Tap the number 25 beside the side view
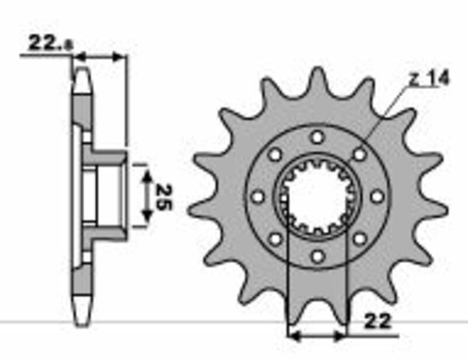pyautogui.click(x=164, y=198)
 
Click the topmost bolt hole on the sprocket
pyautogui.click(x=318, y=137)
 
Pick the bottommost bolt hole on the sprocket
pyautogui.click(x=318, y=256)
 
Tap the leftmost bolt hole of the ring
pyautogui.click(x=257, y=196)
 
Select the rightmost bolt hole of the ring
pyautogui.click(x=377, y=196)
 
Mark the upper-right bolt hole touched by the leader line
pyautogui.click(x=360, y=154)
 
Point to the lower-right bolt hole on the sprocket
pyautogui.click(x=360, y=238)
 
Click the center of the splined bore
pyautogui.click(x=318, y=197)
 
